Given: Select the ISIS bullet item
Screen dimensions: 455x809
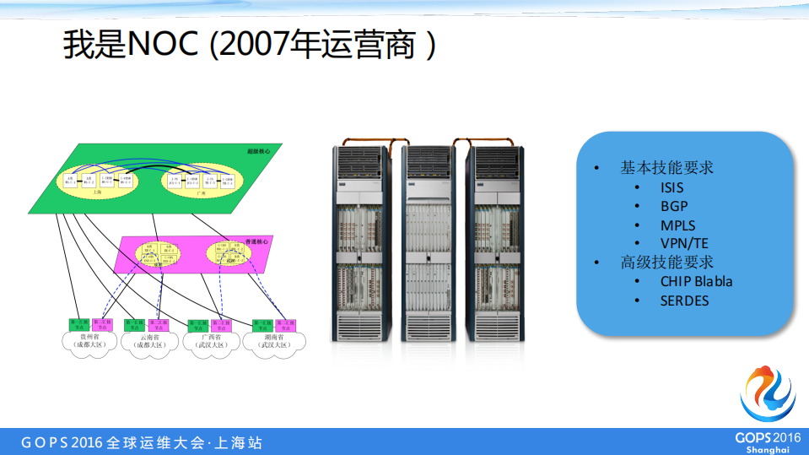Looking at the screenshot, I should click(671, 187).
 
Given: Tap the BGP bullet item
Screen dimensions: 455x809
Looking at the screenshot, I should click(673, 206).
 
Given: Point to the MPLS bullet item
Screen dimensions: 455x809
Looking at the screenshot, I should click(677, 225).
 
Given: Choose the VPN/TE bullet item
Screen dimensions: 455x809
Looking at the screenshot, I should click(684, 244).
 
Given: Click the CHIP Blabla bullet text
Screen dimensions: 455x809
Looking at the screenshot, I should click(696, 281).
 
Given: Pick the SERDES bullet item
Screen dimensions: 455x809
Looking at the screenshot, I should click(684, 301).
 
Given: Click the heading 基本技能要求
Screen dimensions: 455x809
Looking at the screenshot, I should click(666, 168).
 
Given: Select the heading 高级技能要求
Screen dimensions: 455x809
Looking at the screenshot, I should click(666, 263).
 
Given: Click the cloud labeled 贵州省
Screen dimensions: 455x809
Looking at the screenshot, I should click(88, 342).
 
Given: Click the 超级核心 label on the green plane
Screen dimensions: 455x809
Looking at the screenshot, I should click(257, 151).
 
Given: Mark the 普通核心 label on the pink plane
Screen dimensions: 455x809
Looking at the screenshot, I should click(256, 241).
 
